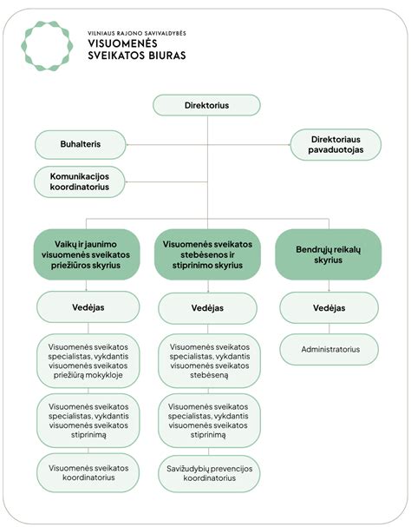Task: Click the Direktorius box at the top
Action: pyautogui.click(x=206, y=105)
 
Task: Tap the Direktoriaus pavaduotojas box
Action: pyautogui.click(x=335, y=144)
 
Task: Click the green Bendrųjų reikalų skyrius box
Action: pyautogui.click(x=327, y=254)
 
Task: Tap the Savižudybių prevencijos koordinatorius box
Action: pyautogui.click(x=207, y=472)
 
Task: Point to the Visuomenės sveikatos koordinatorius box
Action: pyautogui.click(x=87, y=473)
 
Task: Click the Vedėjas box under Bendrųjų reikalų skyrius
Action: pyautogui.click(x=328, y=307)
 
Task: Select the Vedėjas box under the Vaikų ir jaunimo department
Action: pyautogui.click(x=87, y=307)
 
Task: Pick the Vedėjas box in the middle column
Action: pyautogui.click(x=207, y=308)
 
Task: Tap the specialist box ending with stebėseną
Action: pyautogui.click(x=207, y=359)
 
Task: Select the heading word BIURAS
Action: pyautogui.click(x=163, y=56)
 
